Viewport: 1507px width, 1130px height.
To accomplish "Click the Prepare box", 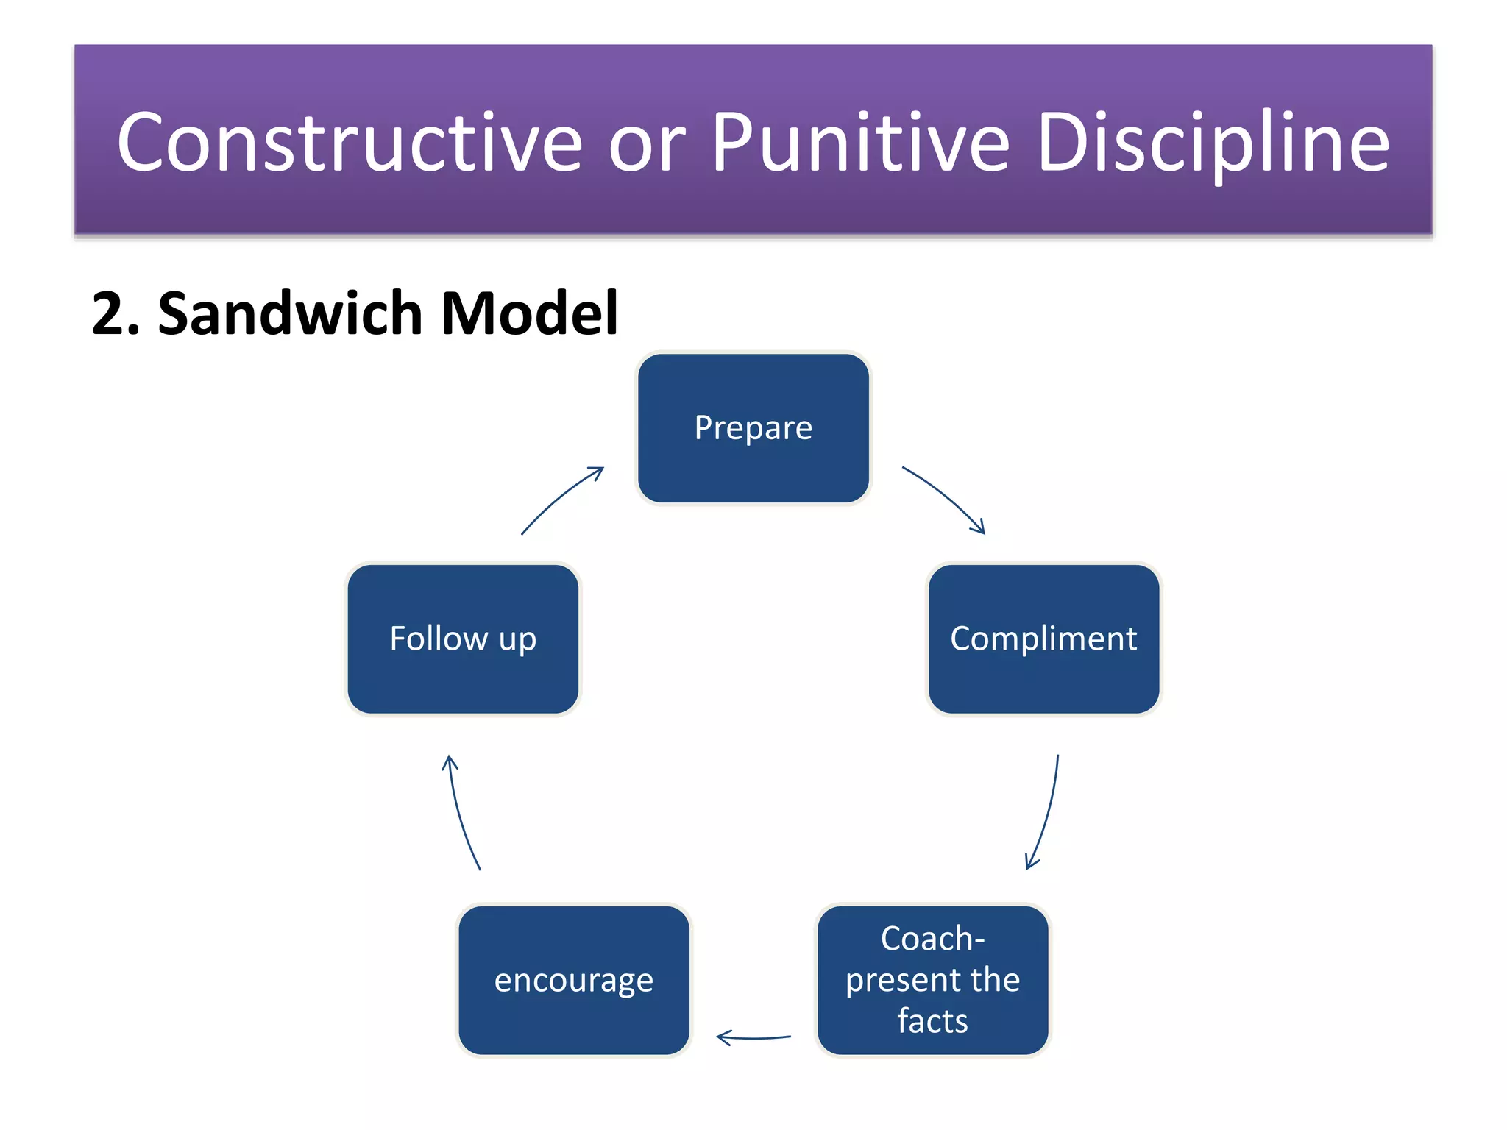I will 753,429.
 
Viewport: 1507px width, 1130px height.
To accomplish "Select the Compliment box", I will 1043,639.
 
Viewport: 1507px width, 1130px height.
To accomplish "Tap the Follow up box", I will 463,639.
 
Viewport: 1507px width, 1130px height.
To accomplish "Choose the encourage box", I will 574,980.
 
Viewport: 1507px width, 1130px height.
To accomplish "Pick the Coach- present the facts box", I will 932,980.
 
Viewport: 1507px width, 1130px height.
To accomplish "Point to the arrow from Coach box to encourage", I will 753,1037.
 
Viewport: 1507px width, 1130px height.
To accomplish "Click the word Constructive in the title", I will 350,143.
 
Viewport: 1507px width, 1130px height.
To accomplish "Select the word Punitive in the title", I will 861,143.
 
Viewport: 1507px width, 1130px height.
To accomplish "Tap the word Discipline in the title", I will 1213,143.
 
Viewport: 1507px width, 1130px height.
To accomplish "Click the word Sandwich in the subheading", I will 290,313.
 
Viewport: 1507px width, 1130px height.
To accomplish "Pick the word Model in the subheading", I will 529,313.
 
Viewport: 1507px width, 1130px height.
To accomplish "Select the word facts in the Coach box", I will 932,1021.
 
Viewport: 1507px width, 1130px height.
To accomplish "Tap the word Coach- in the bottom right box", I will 932,939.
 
